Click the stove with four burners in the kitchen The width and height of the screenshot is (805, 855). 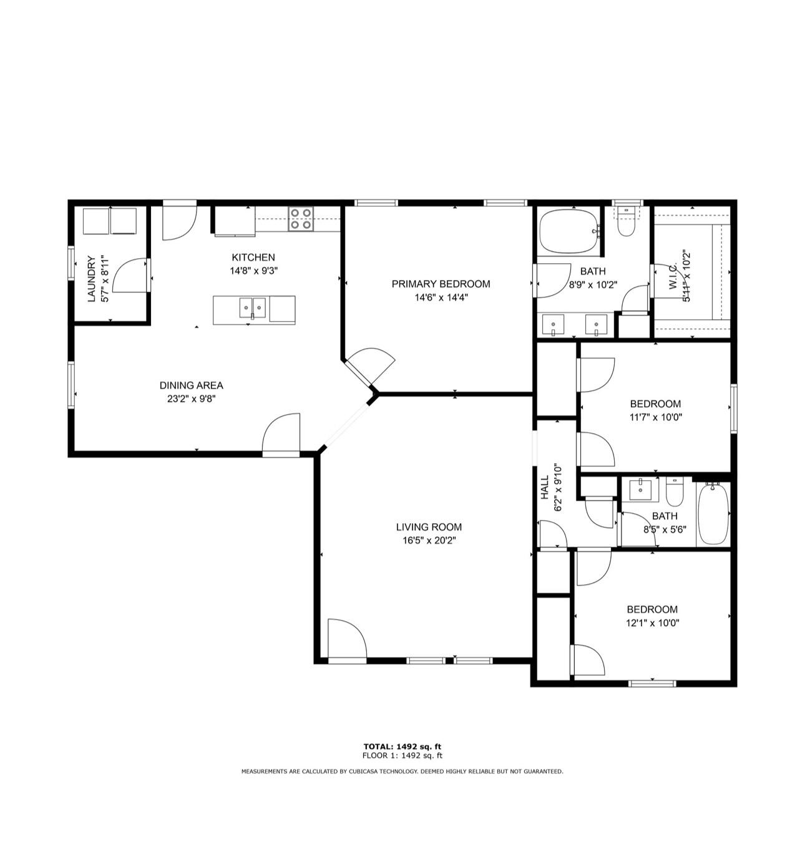[x=301, y=218]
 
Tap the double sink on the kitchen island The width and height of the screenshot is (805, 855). [x=253, y=308]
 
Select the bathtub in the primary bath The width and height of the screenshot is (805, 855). [x=568, y=231]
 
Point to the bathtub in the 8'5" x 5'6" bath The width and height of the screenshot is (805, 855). [x=713, y=514]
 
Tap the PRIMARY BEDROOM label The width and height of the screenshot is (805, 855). [x=441, y=284]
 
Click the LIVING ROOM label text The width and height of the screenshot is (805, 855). [x=429, y=527]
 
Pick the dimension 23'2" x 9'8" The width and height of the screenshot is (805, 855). [x=191, y=399]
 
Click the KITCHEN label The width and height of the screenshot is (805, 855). [x=253, y=257]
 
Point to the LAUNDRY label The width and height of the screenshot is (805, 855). [x=92, y=279]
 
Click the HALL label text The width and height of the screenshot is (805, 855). [x=545, y=487]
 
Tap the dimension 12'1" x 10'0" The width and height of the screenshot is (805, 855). [x=652, y=623]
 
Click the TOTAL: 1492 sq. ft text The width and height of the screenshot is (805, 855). [x=402, y=746]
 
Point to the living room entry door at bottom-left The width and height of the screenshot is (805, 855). [x=345, y=639]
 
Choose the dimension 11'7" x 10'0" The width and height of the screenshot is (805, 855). [x=655, y=417]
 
